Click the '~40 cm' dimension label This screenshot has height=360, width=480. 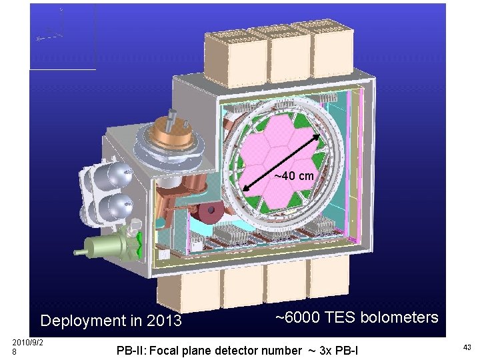pyautogui.click(x=294, y=176)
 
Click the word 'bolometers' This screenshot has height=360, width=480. pyautogui.click(x=399, y=317)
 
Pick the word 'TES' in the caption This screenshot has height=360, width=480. pyautogui.click(x=341, y=317)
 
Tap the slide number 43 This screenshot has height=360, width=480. pyautogui.click(x=467, y=347)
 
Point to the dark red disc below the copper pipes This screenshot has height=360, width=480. pyautogui.click(x=209, y=215)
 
